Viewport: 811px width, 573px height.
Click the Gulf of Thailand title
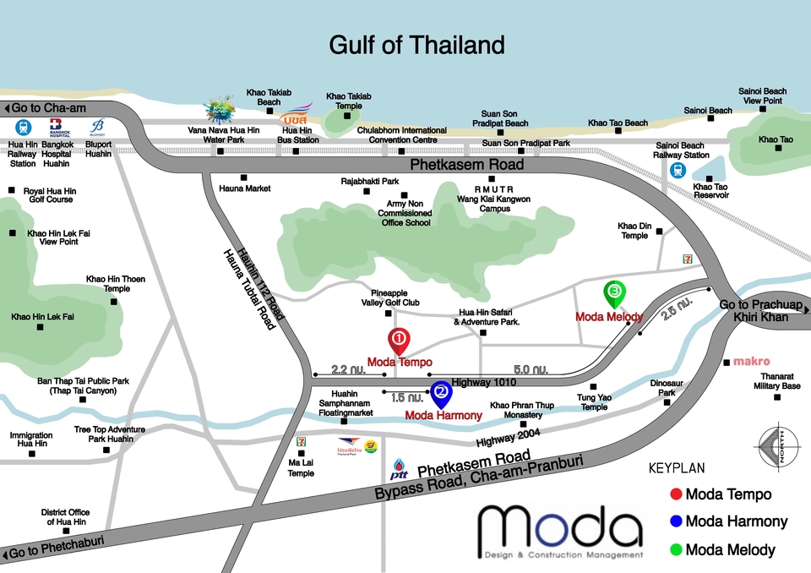[x=416, y=44]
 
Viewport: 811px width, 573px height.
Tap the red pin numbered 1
[x=399, y=341]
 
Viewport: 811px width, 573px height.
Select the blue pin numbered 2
[x=440, y=392]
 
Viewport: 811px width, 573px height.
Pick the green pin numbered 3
[x=614, y=293]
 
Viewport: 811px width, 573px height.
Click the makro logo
[x=751, y=362]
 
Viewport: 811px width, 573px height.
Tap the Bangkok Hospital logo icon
[x=58, y=128]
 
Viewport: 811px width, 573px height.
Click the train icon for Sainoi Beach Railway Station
[x=677, y=170]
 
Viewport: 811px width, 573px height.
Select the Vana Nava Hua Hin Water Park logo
[x=222, y=111]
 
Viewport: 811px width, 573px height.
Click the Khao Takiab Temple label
[x=349, y=101]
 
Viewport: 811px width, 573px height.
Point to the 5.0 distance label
[x=531, y=369]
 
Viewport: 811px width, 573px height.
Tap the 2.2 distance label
[x=348, y=369]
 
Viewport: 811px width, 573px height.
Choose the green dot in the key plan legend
[x=675, y=550]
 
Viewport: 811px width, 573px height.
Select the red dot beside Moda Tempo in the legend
[x=675, y=494]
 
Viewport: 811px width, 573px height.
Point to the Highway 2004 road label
[x=507, y=439]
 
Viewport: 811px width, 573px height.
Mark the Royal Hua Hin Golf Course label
[x=49, y=195]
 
